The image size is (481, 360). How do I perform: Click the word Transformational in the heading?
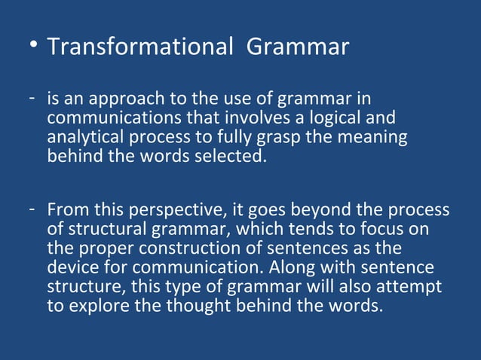[139, 47]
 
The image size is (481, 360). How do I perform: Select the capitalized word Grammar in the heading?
[298, 47]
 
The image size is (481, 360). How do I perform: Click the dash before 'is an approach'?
[35, 99]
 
